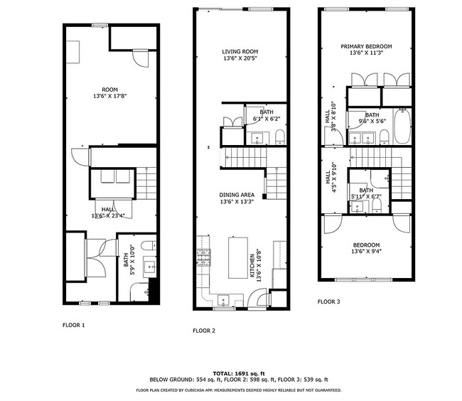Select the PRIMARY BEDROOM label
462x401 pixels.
click(x=365, y=46)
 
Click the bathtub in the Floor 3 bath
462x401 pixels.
click(x=402, y=123)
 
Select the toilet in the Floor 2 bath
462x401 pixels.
click(x=279, y=135)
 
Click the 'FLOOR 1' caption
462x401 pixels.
click(x=73, y=324)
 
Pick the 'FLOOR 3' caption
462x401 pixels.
click(x=328, y=301)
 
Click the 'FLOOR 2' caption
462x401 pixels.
click(x=203, y=331)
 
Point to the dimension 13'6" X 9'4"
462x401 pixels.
click(x=365, y=251)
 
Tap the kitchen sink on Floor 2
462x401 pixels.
click(x=223, y=298)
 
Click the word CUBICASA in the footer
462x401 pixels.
click(x=190, y=390)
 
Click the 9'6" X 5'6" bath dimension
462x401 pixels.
click(x=371, y=122)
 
